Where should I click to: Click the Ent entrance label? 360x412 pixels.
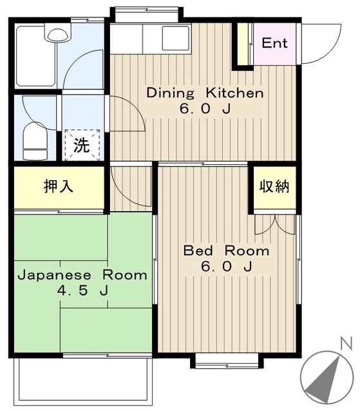pyautogui.click(x=274, y=44)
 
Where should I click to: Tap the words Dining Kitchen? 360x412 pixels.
pyautogui.click(x=205, y=93)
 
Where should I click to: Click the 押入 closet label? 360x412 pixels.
pyautogui.click(x=59, y=187)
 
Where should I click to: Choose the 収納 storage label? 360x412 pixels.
pyautogui.click(x=274, y=187)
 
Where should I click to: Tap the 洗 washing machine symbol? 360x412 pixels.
pyautogui.click(x=81, y=145)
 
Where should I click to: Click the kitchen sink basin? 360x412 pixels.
pyautogui.click(x=175, y=38)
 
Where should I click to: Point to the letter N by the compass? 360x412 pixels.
pyautogui.click(x=346, y=343)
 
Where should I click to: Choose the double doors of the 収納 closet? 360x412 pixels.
pyautogui.click(x=274, y=223)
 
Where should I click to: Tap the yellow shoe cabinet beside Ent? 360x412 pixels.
pyautogui.click(x=243, y=45)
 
